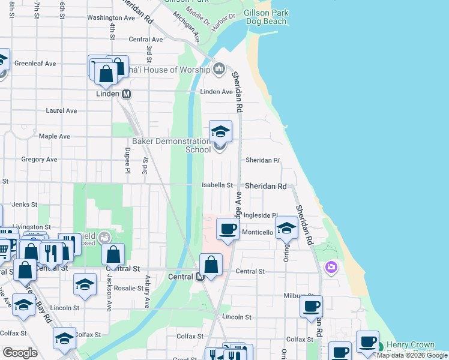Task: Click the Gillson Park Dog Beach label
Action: pyautogui.click(x=266, y=17)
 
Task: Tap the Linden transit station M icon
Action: pyautogui.click(x=127, y=94)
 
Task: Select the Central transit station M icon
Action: pyautogui.click(x=200, y=277)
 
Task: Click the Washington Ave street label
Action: pyautogui.click(x=111, y=18)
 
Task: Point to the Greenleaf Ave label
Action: pyautogui.click(x=35, y=63)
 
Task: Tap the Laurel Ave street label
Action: pyautogui.click(x=62, y=111)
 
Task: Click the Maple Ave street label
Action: pyautogui.click(x=55, y=136)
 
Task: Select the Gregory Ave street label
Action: pyautogui.click(x=39, y=160)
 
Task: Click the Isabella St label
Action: pyautogui.click(x=217, y=185)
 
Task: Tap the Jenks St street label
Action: pyautogui.click(x=25, y=205)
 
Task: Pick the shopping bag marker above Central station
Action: pyautogui.click(x=211, y=265)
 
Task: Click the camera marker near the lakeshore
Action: pyautogui.click(x=331, y=267)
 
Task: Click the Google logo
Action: pyautogui.click(x=20, y=353)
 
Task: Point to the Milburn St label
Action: pyautogui.click(x=295, y=296)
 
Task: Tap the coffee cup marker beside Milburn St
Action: pyautogui.click(x=311, y=307)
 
